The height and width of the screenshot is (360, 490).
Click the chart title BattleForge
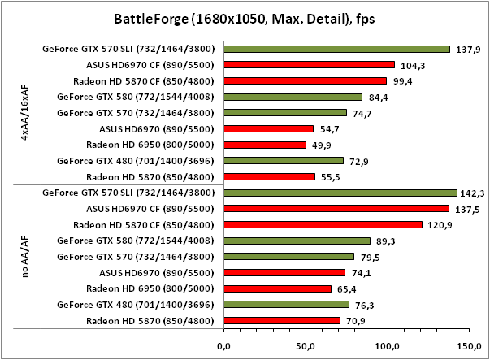point(245,19)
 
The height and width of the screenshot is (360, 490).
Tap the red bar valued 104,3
point(309,65)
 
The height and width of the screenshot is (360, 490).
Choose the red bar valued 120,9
point(323,225)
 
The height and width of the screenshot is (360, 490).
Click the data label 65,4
point(347,288)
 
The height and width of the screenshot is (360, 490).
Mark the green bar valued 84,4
point(293,97)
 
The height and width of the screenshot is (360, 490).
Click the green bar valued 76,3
point(286,305)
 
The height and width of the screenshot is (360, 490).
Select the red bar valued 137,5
point(336,209)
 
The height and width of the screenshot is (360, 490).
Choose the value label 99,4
point(402,81)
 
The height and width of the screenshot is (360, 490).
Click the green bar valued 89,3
point(297,241)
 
